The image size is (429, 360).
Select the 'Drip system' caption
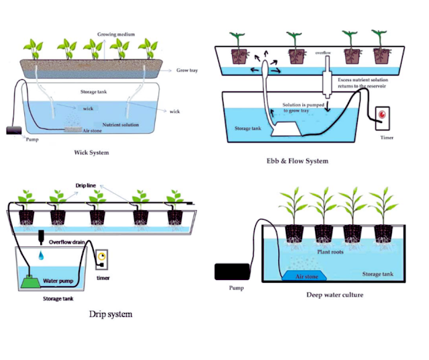(110, 314)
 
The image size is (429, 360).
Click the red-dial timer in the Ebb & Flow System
(383, 114)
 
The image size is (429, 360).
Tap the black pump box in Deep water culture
(231, 272)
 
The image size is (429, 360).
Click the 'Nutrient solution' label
(120, 124)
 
